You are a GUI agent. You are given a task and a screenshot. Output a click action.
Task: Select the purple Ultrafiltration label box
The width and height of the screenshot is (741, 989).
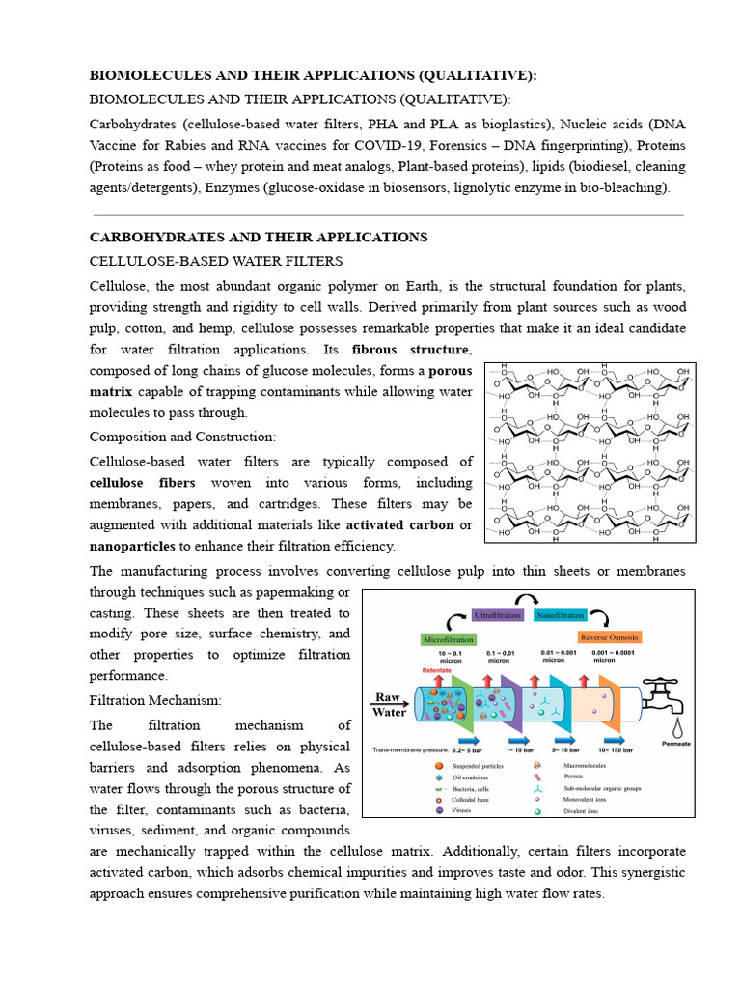coord(497,615)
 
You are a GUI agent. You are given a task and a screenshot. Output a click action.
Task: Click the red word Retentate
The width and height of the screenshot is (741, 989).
coord(437,670)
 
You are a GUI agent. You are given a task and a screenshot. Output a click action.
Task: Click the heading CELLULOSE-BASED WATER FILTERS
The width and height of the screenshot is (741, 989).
coord(215,262)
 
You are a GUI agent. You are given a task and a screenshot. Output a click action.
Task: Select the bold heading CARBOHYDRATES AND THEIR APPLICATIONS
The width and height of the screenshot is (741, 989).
coord(259,237)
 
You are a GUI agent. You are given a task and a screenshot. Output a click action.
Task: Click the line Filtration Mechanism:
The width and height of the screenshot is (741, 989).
coord(155,699)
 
